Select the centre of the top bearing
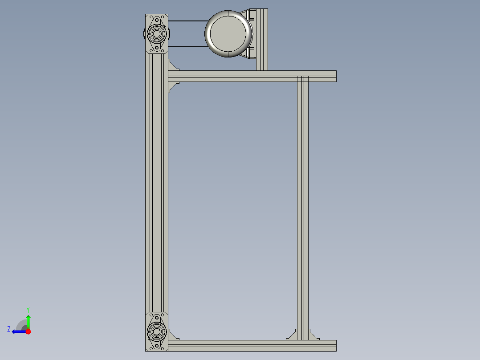pos(156,33)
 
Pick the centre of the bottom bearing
pos(156,331)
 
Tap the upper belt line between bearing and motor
pos(187,21)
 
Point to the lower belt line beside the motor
pos(187,47)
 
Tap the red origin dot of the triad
pos(28,331)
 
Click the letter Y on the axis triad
pos(28,309)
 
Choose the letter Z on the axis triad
pos(9,329)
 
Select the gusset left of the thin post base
pos(292,335)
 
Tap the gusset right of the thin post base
pos(313,335)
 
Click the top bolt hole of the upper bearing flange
pos(156,20)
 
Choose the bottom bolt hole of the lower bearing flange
pos(156,345)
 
